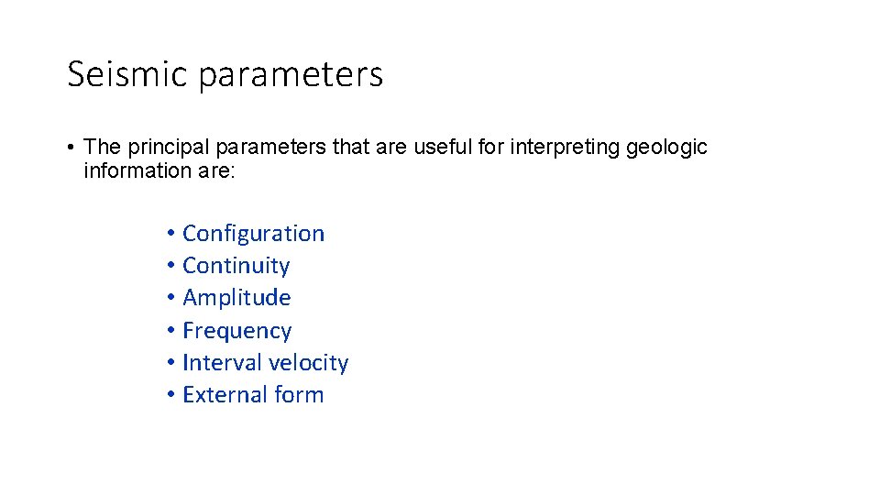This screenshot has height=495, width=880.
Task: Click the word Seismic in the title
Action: point(127,74)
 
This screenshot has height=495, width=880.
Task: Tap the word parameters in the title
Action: point(291,76)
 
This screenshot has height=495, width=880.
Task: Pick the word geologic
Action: point(667,148)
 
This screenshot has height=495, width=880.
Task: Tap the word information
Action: point(127,170)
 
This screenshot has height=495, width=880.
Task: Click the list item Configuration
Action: point(253,234)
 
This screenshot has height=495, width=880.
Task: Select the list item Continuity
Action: point(236,266)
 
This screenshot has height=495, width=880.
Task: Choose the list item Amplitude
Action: point(236,298)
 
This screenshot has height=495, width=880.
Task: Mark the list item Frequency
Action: point(236,331)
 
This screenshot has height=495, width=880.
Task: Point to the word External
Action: point(220,395)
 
